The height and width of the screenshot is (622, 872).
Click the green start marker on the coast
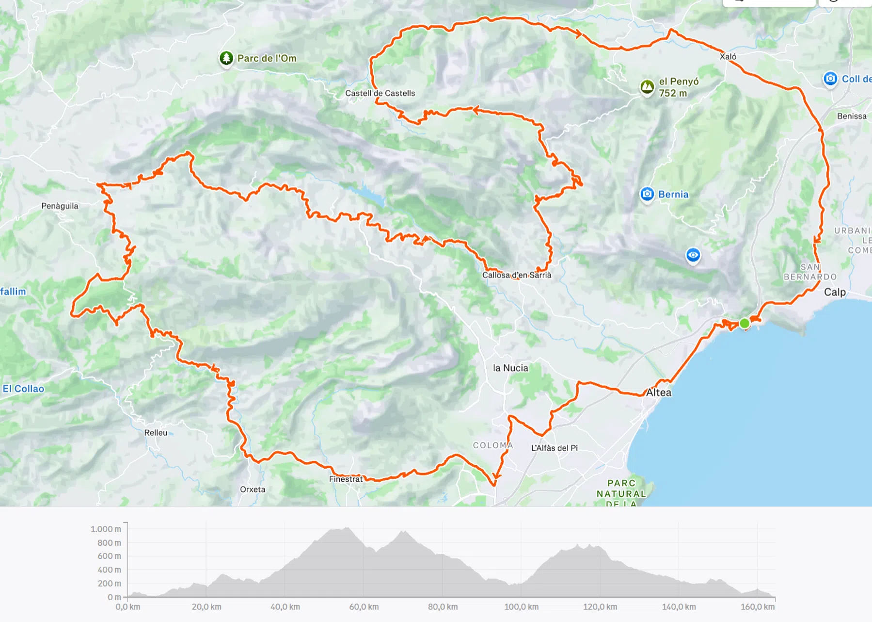point(745,323)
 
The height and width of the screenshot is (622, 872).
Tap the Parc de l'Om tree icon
point(226,58)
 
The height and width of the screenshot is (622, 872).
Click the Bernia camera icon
point(647,194)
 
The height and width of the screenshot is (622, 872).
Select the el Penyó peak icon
point(647,87)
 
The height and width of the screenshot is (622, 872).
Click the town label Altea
point(659,393)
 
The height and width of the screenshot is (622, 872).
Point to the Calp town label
point(835,292)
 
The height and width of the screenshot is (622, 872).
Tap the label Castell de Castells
point(380,93)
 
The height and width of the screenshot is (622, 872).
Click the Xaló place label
point(728,57)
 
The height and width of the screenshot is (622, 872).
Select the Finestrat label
point(346,479)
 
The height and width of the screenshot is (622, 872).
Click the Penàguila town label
point(60,206)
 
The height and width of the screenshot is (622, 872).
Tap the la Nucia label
point(510,368)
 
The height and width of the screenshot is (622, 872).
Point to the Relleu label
point(156,433)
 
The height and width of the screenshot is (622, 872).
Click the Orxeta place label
point(253,489)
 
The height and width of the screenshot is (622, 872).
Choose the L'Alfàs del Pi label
point(554,448)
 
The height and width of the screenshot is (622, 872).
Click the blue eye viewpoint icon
point(693,255)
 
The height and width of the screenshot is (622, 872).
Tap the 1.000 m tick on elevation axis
point(106,529)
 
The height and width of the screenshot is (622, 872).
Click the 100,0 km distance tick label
point(521,606)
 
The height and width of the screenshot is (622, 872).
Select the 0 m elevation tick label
point(114,597)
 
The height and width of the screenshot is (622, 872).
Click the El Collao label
point(23,389)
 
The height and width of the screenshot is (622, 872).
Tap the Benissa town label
point(852,116)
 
